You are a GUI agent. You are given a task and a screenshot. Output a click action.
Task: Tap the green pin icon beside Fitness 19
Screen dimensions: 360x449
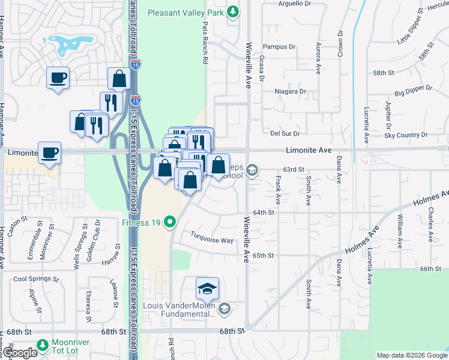pyautogui.click(x=170, y=223)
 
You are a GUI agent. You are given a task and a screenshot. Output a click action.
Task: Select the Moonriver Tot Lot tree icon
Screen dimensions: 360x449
pyautogui.click(x=42, y=345)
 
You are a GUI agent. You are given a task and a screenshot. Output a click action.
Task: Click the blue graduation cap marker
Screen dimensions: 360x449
pyautogui.click(x=207, y=289)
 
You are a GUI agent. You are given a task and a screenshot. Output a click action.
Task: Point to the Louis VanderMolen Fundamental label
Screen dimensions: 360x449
pyautogui.click(x=179, y=309)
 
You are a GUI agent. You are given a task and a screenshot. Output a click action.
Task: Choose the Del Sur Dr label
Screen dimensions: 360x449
pyautogui.click(x=285, y=133)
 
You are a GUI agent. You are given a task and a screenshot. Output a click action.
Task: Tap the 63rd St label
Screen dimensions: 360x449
pyautogui.click(x=295, y=170)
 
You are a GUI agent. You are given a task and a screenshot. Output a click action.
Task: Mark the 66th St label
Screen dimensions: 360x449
pyautogui.click(x=431, y=269)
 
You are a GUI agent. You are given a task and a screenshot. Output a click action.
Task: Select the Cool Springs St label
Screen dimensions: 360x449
pyautogui.click(x=37, y=279)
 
